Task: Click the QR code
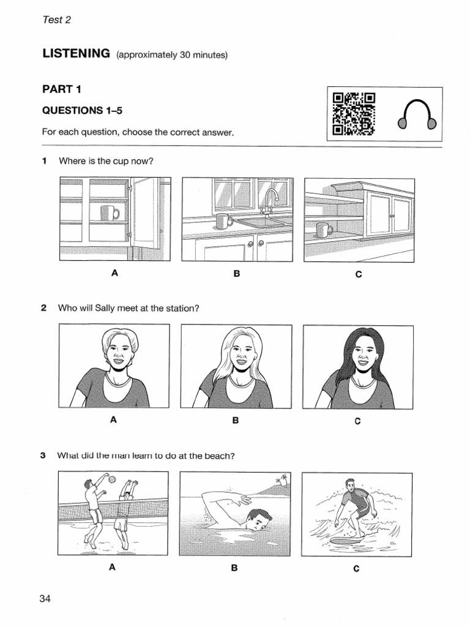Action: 353,114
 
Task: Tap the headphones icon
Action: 417,115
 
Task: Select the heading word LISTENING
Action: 76,54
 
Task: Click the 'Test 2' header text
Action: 57,20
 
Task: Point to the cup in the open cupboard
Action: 110,213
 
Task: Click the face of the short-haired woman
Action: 118,351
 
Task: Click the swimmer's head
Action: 257,520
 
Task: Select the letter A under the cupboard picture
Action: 114,274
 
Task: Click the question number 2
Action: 44,308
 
